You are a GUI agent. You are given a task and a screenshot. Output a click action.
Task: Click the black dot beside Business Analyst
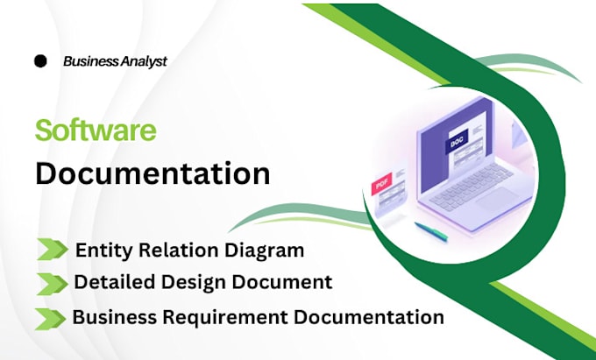pos(40,60)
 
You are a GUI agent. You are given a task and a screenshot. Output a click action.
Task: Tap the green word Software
pos(96,131)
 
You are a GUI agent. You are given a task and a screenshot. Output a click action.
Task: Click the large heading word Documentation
pos(153,173)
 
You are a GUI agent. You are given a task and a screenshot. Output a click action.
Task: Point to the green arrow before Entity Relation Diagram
pos(53,249)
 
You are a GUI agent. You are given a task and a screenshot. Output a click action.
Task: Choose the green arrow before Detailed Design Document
pos(52,284)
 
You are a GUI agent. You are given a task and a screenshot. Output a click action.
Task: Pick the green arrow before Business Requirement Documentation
pos(50,319)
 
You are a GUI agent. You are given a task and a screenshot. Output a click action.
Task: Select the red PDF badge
pos(381,185)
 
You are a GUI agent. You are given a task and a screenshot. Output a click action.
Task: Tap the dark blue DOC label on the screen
pos(456,143)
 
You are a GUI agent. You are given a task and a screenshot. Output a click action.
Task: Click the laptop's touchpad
pos(497,200)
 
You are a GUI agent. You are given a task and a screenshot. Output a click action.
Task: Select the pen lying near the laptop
pos(430,232)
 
